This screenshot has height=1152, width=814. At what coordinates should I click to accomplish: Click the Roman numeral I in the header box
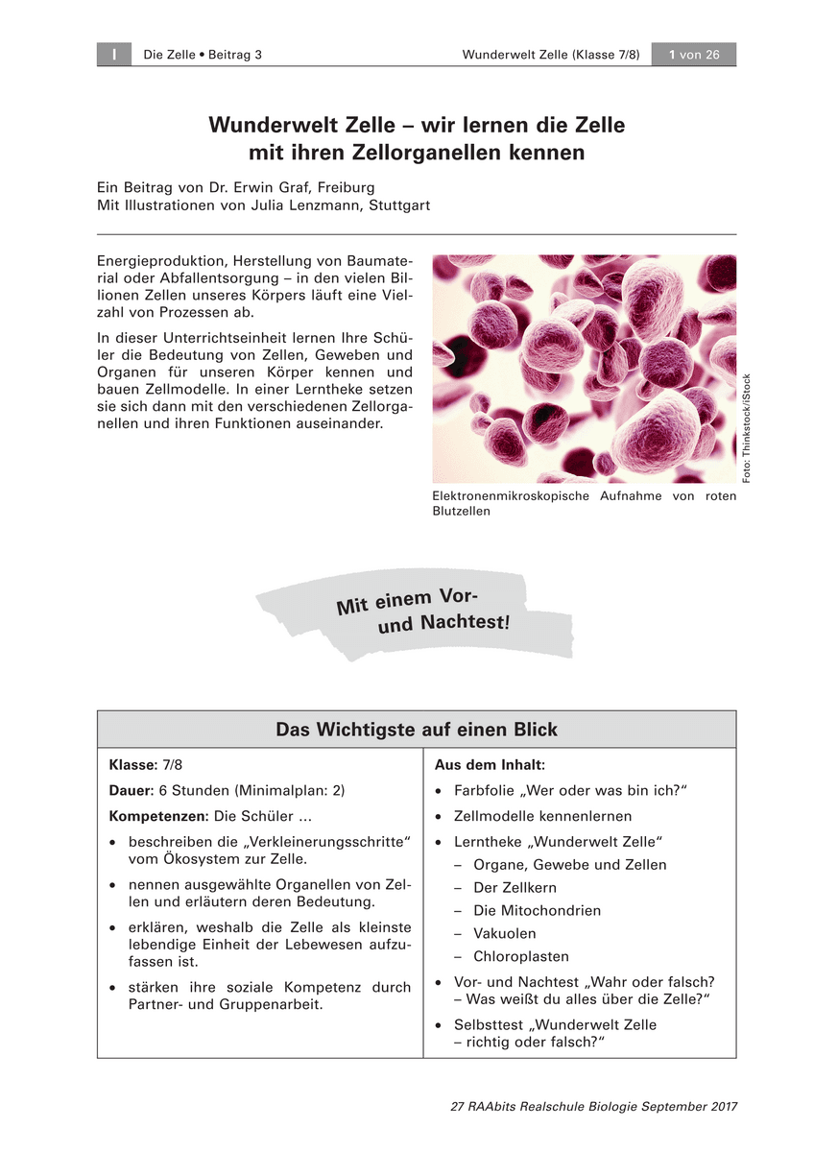pyautogui.click(x=113, y=55)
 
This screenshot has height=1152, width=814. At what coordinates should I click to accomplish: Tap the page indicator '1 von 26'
pyautogui.click(x=694, y=55)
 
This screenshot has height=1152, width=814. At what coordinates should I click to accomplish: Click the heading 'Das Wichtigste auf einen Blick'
pyautogui.click(x=417, y=730)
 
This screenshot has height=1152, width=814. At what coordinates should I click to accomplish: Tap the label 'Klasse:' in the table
pyautogui.click(x=132, y=765)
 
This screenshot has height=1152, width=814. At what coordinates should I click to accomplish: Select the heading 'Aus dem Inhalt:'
pyautogui.click(x=490, y=765)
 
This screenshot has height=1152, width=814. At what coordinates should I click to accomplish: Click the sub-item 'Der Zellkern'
pyautogui.click(x=515, y=888)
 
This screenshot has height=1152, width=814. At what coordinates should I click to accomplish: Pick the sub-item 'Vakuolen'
pyautogui.click(x=505, y=934)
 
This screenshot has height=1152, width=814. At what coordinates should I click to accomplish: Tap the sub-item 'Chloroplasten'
pyautogui.click(x=521, y=957)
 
